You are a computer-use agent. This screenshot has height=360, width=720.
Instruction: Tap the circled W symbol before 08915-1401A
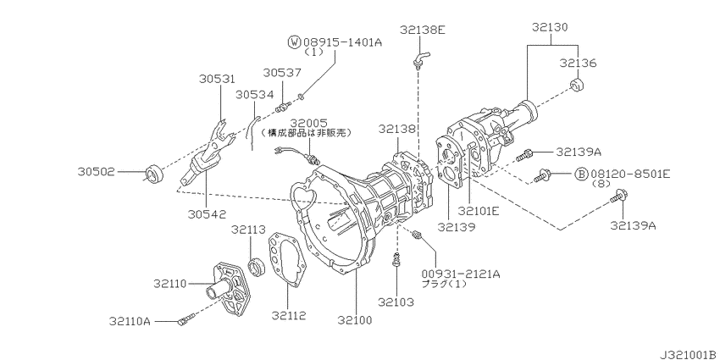[294, 41]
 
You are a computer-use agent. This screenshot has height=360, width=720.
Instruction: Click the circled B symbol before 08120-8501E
[581, 174]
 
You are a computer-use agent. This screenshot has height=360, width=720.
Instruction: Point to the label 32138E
[424, 30]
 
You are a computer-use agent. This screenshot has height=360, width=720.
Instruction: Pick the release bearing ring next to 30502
[154, 174]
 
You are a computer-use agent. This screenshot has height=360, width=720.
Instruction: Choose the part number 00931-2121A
[460, 273]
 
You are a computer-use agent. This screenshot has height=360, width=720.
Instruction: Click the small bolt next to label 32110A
[188, 319]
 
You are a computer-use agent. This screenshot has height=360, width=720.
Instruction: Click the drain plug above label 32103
[396, 260]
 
